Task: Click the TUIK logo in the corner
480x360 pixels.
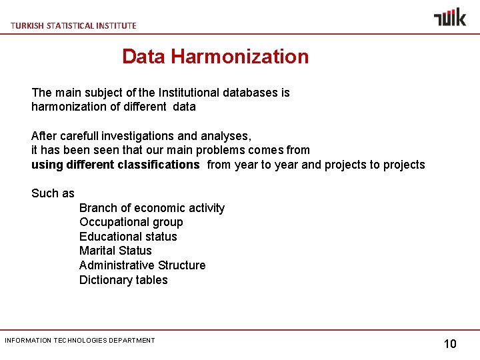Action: tap(450, 17)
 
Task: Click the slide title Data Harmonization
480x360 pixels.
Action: tap(215, 57)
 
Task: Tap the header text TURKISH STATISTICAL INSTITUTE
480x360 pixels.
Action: tap(73, 25)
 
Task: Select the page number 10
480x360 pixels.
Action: tap(450, 344)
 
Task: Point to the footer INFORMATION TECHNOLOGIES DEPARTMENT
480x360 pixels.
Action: tap(80, 341)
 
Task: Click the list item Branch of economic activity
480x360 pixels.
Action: tap(152, 208)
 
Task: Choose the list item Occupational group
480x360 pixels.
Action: tap(131, 222)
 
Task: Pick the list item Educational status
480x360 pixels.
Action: tap(128, 237)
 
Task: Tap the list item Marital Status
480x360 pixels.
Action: tap(115, 251)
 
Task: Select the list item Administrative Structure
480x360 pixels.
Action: tap(142, 265)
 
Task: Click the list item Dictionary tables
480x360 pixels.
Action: tap(123, 280)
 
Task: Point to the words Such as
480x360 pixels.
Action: tap(53, 193)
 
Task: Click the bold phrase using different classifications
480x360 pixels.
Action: tap(115, 165)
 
